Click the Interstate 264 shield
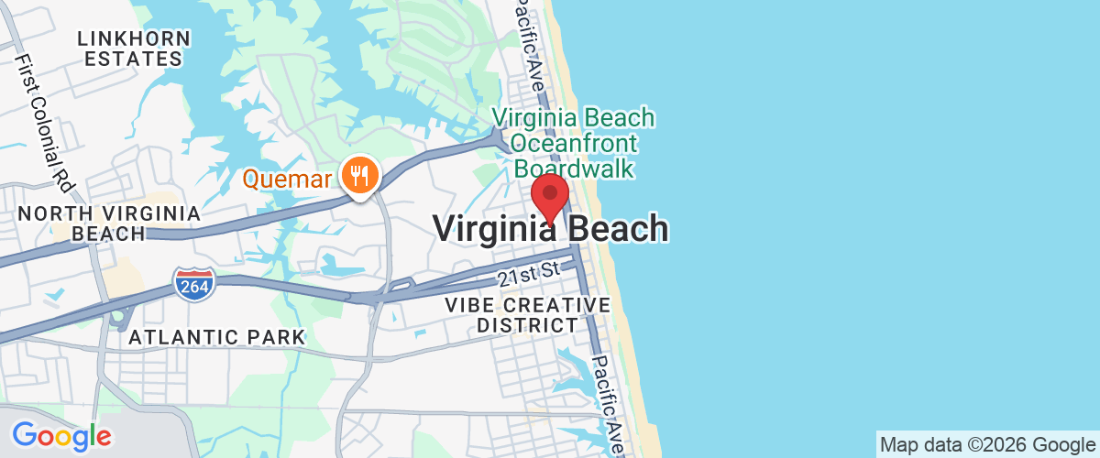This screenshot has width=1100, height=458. pos(194,285)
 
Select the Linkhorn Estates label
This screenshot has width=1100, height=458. pos(134,49)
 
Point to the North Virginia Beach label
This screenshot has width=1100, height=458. pos(108,224)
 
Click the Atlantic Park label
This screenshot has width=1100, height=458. pos(216,337)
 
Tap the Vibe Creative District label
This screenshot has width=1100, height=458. pos(527,314)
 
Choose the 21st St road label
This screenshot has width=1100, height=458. pos(528,272)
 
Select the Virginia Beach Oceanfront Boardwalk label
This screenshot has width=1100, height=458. pos(573,143)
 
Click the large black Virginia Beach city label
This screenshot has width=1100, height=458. pos(550,229)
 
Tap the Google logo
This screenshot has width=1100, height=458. pos(61,436)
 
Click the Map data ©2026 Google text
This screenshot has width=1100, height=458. pos(988,445)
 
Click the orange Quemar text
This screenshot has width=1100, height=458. pos(287,178)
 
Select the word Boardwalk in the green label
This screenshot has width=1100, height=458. pos(574,169)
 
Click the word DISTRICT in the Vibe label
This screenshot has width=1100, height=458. pos(527,325)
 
